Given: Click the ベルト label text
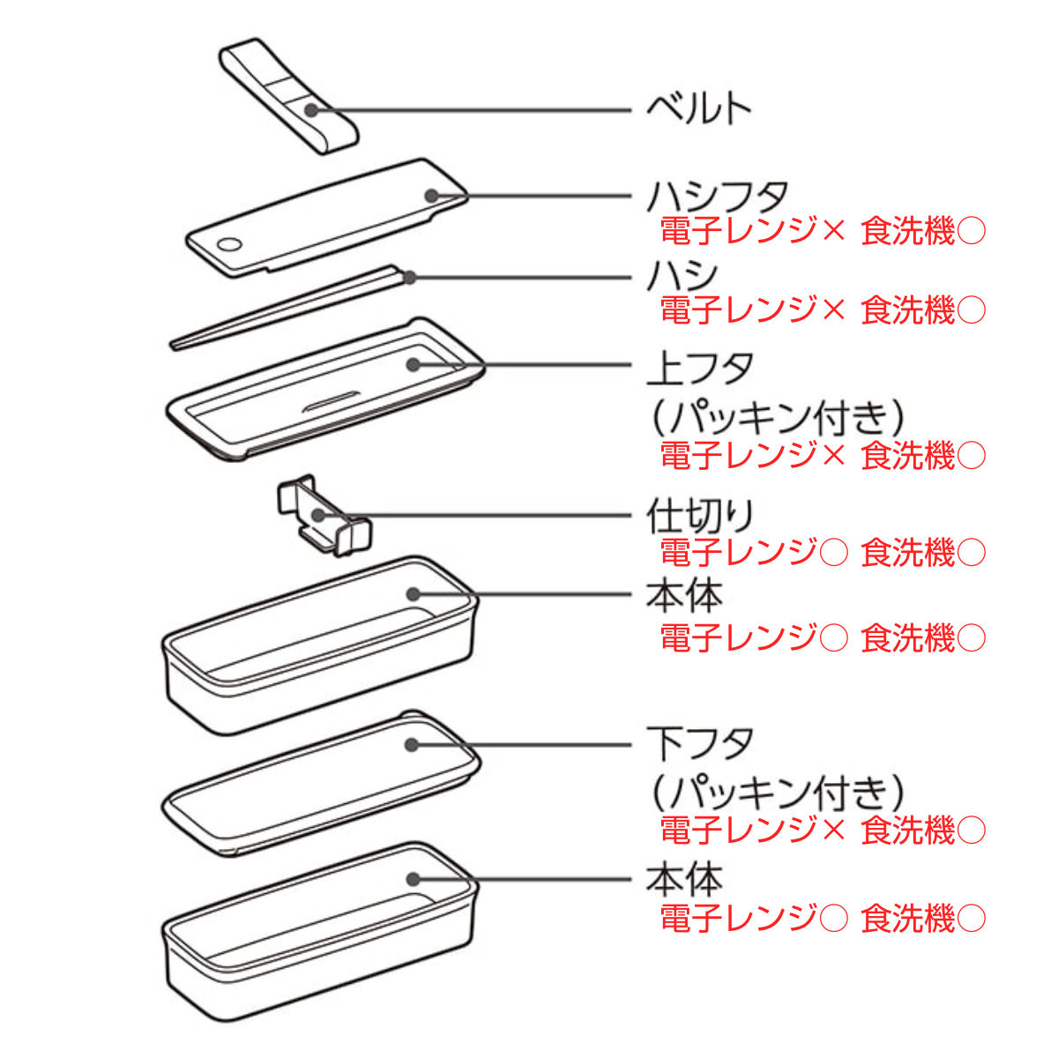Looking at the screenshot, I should click(698, 108).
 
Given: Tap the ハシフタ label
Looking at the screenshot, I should click(717, 195).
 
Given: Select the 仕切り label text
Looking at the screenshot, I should click(700, 515).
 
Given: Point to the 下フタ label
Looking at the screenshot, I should click(700, 744).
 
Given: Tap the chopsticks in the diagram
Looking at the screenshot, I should click(291, 309).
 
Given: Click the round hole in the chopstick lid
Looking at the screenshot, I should click(229, 244).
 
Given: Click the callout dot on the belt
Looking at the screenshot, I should click(310, 110).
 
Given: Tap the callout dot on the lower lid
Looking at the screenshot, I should click(411, 744).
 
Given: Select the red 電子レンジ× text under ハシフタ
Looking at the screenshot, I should click(751, 231).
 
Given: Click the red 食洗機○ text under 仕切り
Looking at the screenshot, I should click(922, 553).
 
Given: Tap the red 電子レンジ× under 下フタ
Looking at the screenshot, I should click(751, 830).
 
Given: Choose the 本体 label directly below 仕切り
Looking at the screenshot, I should click(683, 596).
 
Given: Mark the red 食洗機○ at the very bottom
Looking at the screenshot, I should click(922, 919).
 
